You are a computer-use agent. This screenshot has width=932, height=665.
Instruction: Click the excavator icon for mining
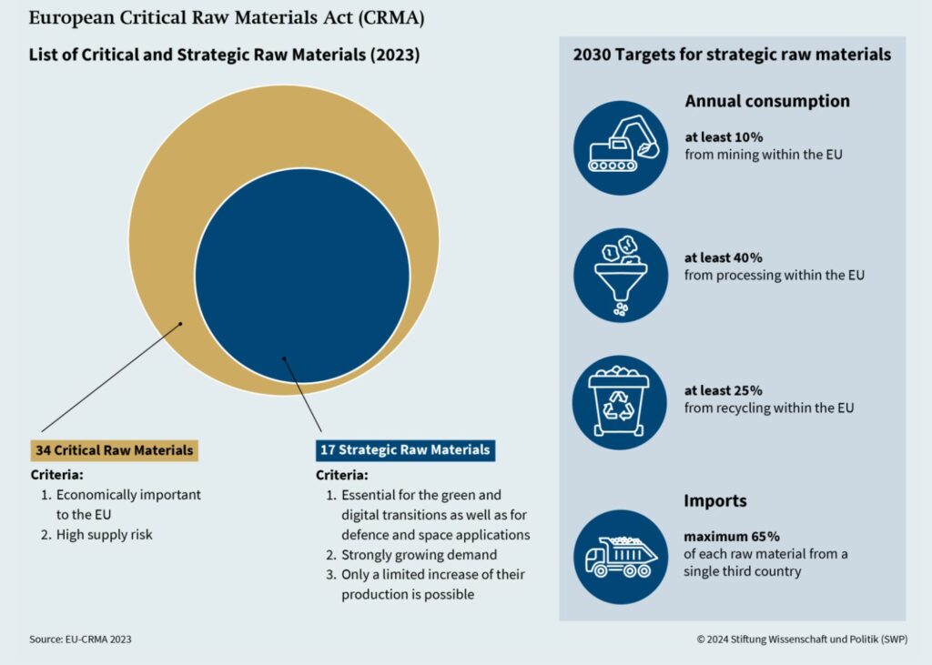click(x=622, y=147)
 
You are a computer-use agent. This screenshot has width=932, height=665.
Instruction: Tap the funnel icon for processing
click(x=622, y=275)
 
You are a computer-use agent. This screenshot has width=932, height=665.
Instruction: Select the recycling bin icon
click(x=620, y=402)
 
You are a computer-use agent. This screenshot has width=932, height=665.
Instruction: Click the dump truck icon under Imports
click(x=622, y=556)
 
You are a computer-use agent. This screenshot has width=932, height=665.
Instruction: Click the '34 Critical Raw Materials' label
click(x=114, y=450)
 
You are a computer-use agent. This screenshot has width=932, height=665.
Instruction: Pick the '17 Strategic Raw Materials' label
click(x=404, y=449)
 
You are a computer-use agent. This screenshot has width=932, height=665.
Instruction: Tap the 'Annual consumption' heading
click(x=766, y=101)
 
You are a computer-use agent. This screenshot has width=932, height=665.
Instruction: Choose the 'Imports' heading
click(x=715, y=500)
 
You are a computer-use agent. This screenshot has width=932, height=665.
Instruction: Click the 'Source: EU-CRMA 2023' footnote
click(x=80, y=640)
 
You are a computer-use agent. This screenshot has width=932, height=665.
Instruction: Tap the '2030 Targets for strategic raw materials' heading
click(x=732, y=55)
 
